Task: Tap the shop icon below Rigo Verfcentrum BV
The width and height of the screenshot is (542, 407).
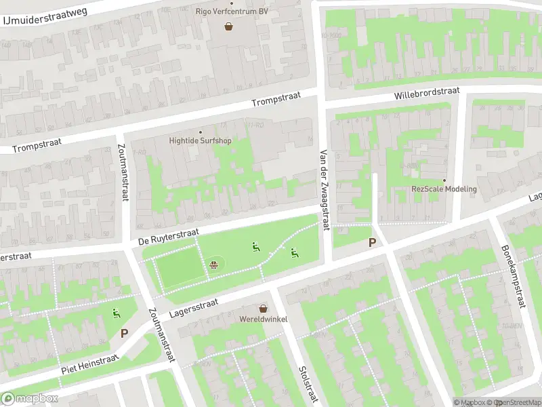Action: coord(229,26)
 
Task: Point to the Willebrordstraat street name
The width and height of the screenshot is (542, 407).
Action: coord(427,94)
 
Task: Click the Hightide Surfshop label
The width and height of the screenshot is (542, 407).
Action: coord(200,141)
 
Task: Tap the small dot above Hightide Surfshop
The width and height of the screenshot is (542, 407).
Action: coord(200,132)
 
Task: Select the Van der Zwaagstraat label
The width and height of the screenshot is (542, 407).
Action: coord(324,189)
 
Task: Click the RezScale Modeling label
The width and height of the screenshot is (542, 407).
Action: coord(444,189)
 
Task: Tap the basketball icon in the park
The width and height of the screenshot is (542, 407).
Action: coord(215,264)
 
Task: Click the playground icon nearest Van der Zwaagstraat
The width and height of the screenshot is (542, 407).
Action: coord(293,253)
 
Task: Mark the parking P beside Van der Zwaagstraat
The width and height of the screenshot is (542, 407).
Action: coord(371,242)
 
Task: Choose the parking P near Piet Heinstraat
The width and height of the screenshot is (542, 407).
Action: coord(124,333)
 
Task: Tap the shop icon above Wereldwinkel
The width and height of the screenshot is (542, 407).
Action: coord(262,308)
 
